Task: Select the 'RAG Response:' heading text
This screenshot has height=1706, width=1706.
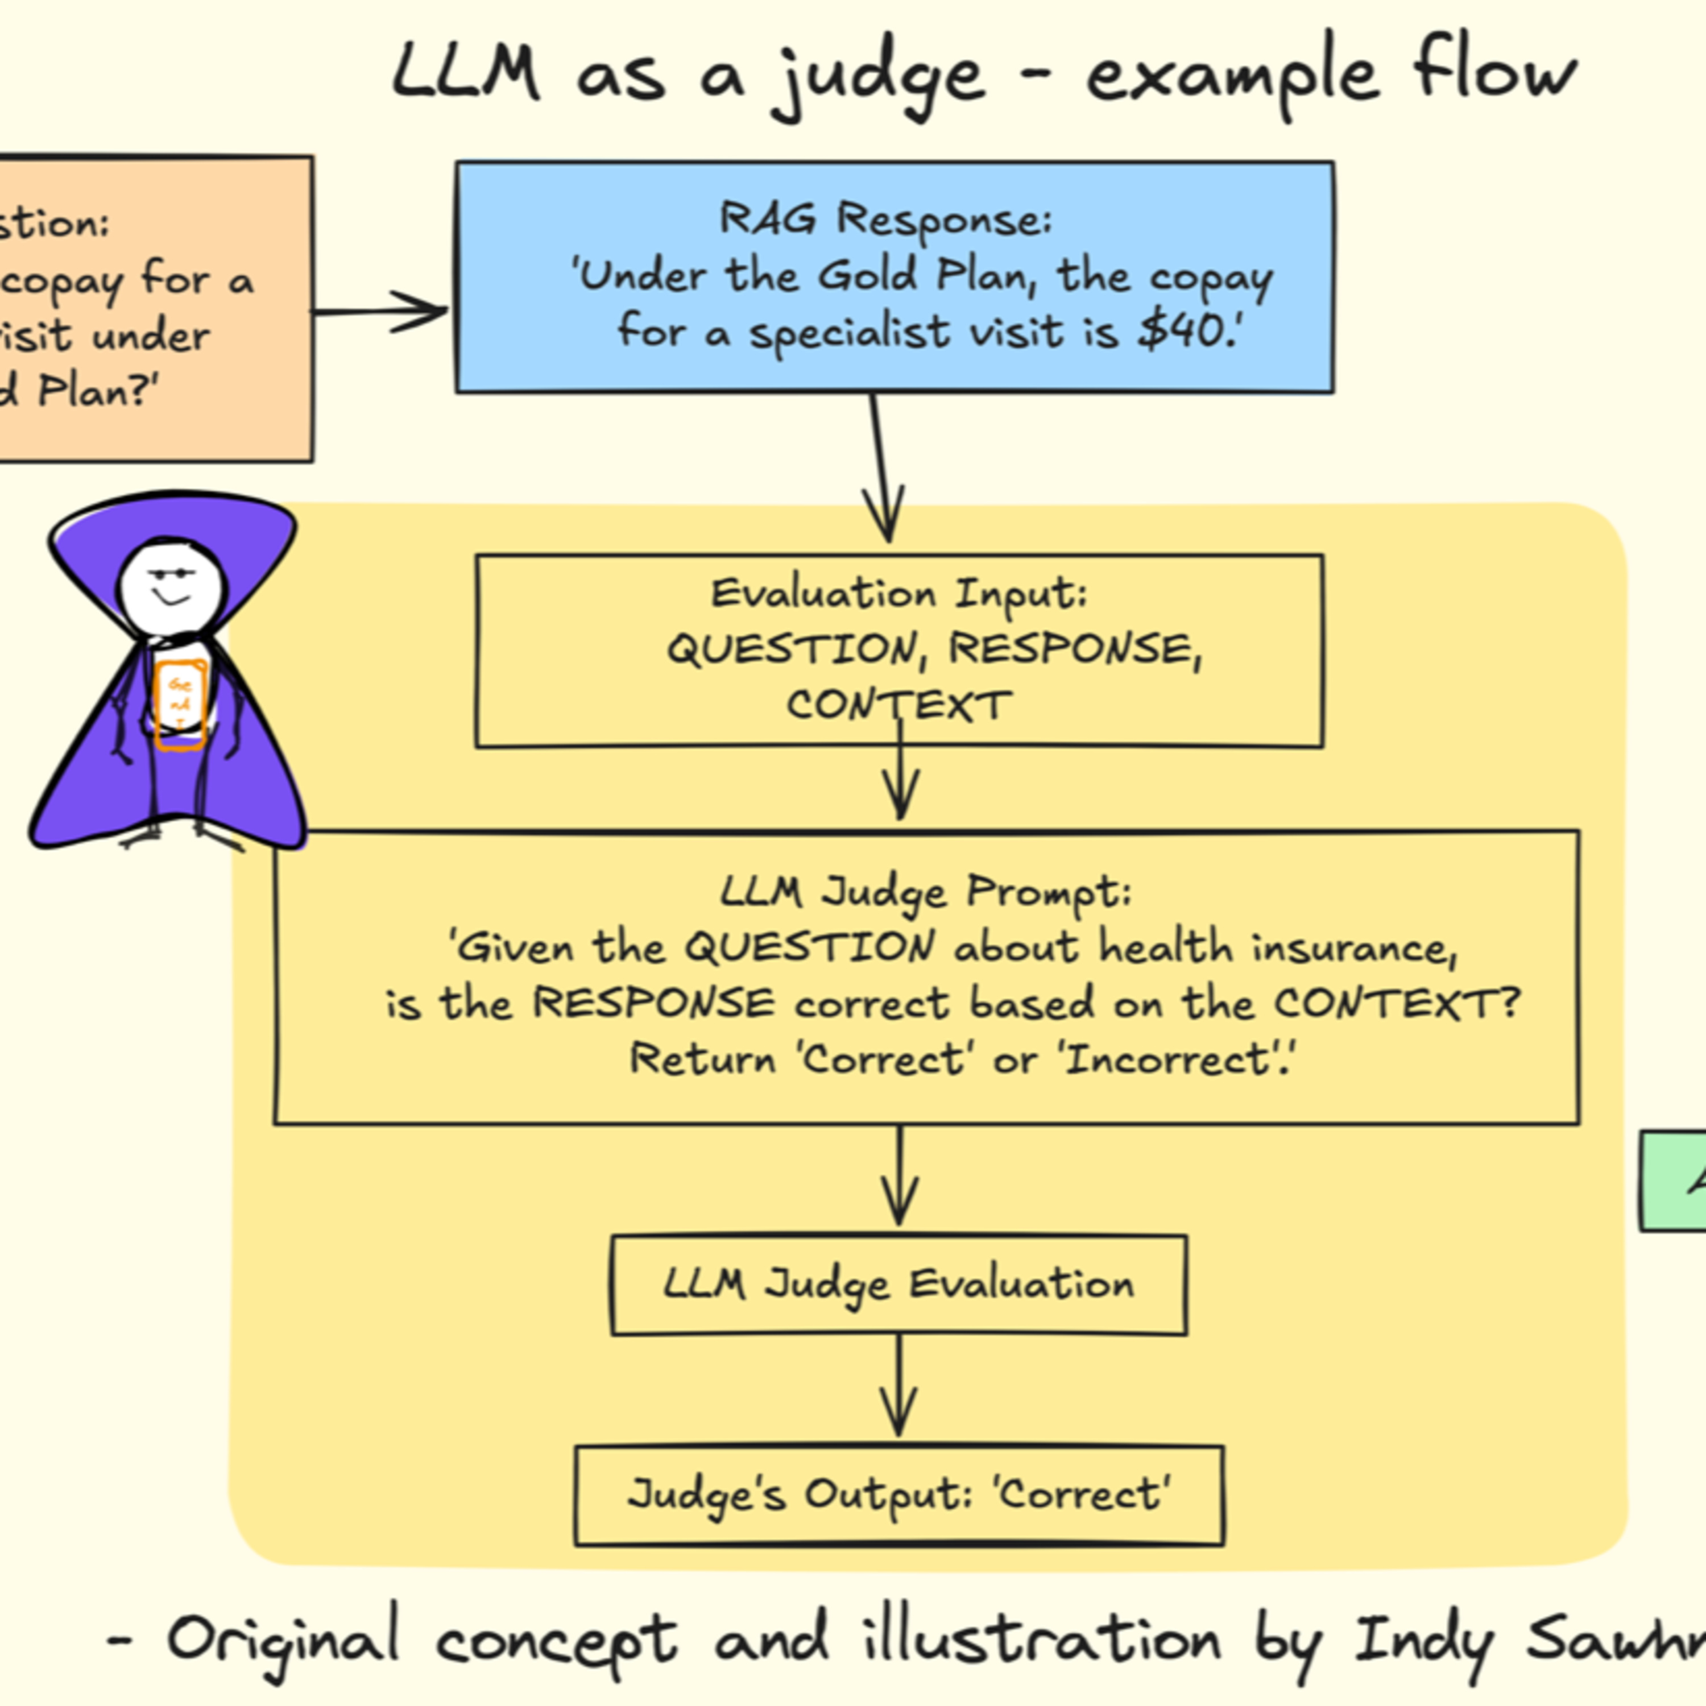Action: (x=885, y=219)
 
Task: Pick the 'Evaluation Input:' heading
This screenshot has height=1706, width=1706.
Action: (x=899, y=593)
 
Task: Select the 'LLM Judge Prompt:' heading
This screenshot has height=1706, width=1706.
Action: (x=925, y=891)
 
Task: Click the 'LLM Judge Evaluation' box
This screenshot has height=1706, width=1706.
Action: (x=898, y=1285)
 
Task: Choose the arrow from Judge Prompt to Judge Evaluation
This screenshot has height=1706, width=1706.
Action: (x=899, y=1179)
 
